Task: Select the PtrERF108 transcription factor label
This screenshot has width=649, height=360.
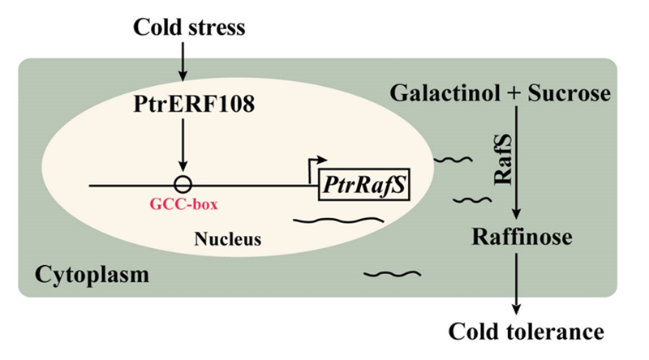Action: [x=182, y=104]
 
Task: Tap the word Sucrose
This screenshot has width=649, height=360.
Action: [x=567, y=93]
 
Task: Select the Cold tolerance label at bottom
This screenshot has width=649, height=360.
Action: [x=516, y=331]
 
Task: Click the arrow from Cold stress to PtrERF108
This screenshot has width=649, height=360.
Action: [x=183, y=60]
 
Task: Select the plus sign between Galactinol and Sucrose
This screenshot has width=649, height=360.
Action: [x=511, y=94]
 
